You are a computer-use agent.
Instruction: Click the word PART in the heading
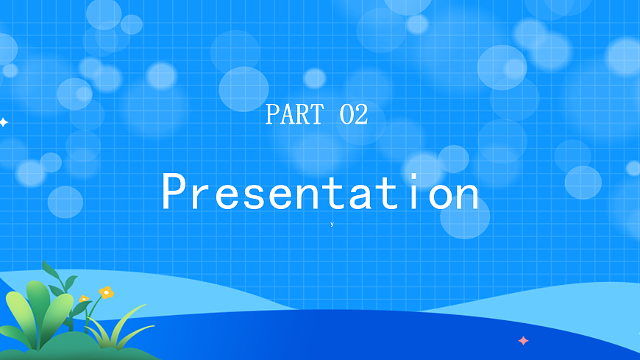coord(294,115)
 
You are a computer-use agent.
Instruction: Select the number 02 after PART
coord(354,115)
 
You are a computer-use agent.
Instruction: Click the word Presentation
coord(320,193)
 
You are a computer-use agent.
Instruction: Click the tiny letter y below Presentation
coord(332,224)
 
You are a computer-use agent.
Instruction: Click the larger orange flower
coord(106,292)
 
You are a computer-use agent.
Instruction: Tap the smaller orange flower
coord(84,300)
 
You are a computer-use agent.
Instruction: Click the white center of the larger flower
coord(106,292)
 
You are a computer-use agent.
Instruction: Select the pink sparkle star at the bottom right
coord(523,341)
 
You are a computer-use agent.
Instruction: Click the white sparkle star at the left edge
coord(4,122)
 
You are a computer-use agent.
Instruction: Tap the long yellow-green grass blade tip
coord(144,306)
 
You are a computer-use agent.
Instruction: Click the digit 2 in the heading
coord(360,115)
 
